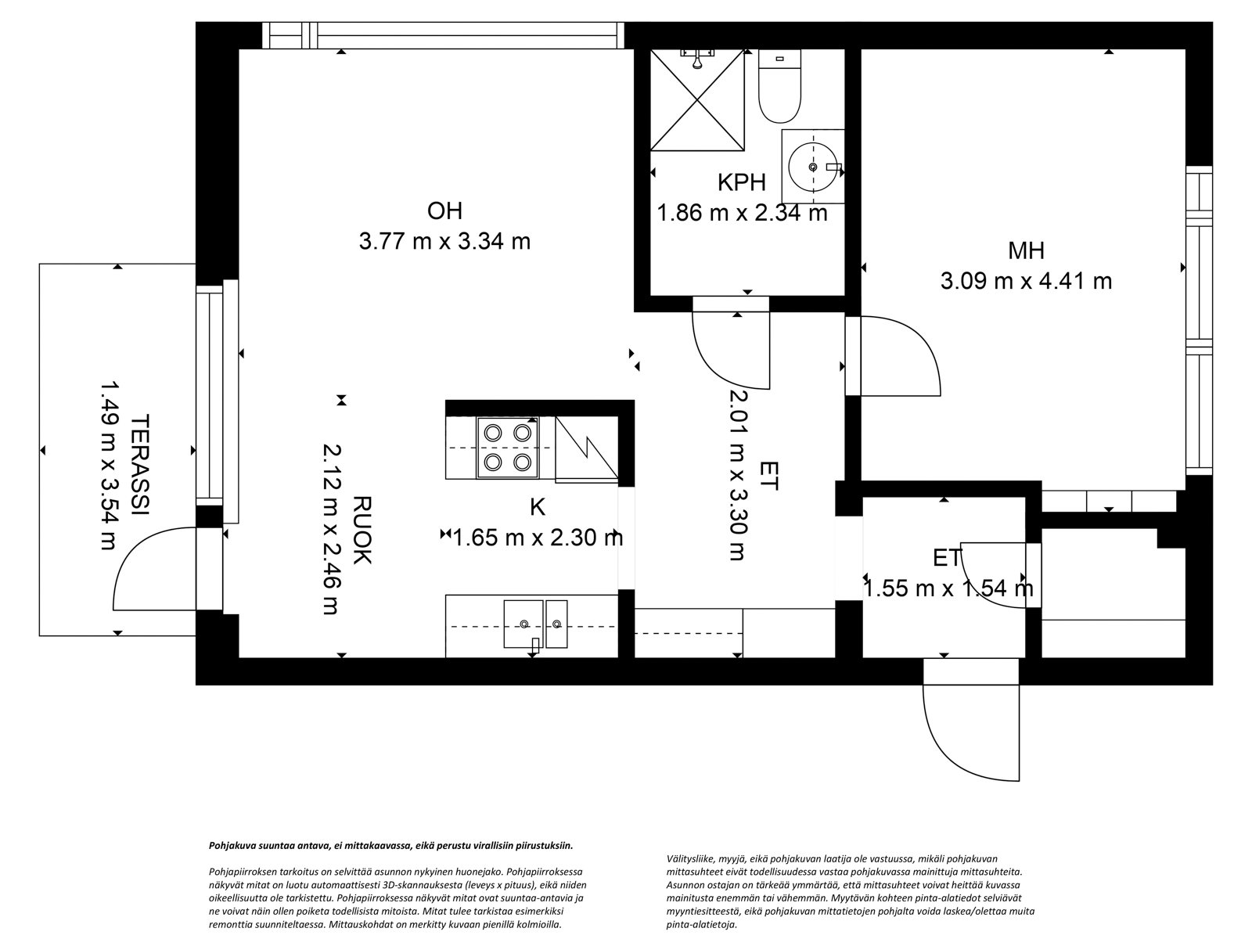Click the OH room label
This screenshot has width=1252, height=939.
(444, 211)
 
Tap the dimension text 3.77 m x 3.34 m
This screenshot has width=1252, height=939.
(444, 241)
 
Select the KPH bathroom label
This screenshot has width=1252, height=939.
(741, 182)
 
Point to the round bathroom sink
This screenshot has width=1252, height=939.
(813, 167)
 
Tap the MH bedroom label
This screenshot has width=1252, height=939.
(1026, 251)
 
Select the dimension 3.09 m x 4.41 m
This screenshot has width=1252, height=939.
(1026, 281)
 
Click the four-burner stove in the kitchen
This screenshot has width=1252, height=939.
(506, 447)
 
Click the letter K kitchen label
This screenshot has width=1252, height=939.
(538, 507)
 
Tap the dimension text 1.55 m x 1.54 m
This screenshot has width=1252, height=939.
(948, 588)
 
